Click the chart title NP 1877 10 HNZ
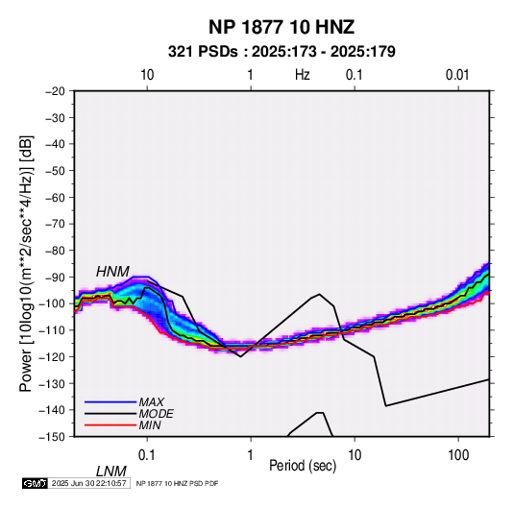[x=281, y=27]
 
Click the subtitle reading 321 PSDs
[x=203, y=52]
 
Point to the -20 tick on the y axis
[x=55, y=91]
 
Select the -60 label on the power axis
[x=55, y=197]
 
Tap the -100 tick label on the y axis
[x=53, y=303]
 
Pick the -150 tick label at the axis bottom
[x=53, y=437]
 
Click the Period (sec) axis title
[x=303, y=466]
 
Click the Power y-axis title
[x=26, y=264]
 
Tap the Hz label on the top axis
[x=303, y=75]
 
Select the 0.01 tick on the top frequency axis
[x=457, y=75]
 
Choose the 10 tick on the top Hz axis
[x=147, y=75]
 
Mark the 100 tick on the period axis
[x=458, y=455]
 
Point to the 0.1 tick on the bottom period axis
[x=147, y=455]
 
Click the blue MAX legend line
[x=110, y=401]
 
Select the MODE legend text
[x=156, y=414]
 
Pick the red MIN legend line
[x=110, y=425]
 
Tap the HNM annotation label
[x=112, y=272]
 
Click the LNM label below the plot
[x=111, y=472]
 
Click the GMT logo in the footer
[x=36, y=483]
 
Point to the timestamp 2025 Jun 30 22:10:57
[x=88, y=483]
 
